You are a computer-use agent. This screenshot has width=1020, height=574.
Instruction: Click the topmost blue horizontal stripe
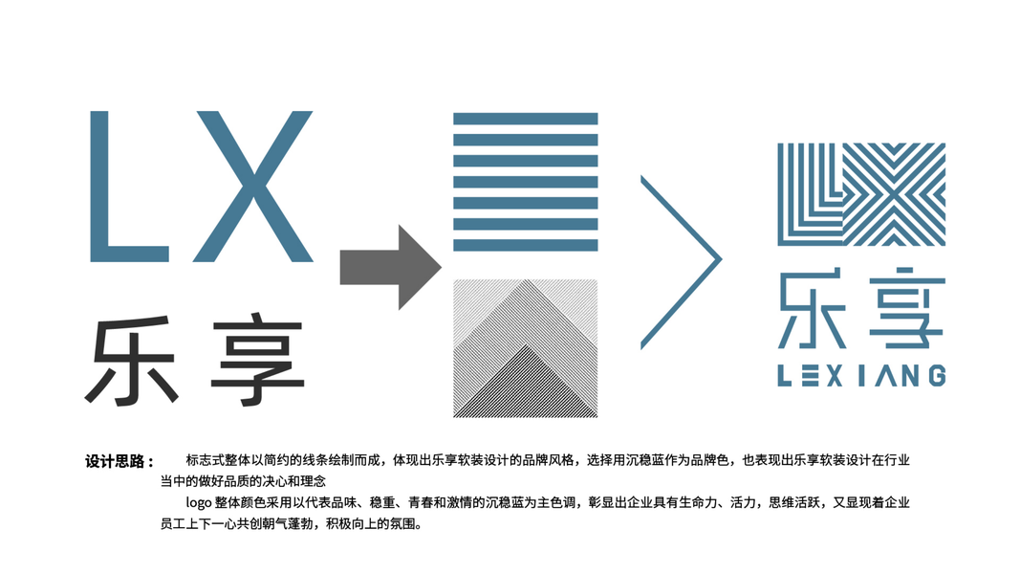click(x=525, y=119)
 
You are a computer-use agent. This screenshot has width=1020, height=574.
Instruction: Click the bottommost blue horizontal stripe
click(x=525, y=246)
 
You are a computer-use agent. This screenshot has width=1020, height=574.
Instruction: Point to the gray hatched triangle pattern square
click(x=525, y=348)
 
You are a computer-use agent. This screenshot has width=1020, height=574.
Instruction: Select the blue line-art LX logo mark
click(x=860, y=194)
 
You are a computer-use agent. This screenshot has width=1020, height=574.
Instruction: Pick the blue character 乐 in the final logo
click(x=813, y=312)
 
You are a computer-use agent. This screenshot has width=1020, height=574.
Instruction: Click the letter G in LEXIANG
click(x=936, y=375)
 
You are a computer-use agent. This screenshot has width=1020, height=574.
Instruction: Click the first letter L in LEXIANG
click(x=785, y=375)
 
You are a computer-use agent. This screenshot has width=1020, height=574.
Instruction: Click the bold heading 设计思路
click(x=119, y=461)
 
